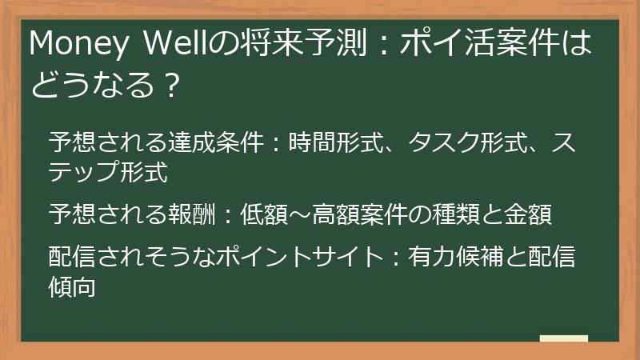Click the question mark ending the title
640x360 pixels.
point(167,83)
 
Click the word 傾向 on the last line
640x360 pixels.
point(73,286)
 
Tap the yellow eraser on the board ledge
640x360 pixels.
point(564,339)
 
